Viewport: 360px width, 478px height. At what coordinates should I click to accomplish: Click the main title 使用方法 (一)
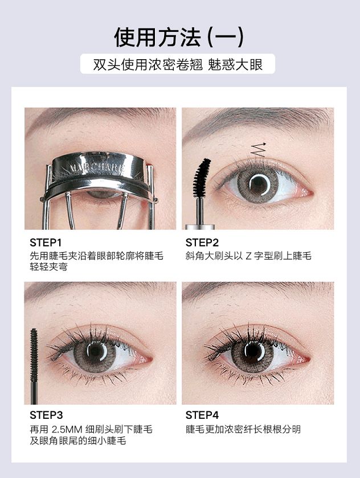tap(179, 37)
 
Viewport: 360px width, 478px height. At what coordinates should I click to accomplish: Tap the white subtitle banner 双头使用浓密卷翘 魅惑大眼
tap(178, 64)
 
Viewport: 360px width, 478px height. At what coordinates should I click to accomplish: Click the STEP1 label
tap(46, 242)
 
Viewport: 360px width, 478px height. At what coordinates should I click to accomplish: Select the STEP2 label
tap(202, 242)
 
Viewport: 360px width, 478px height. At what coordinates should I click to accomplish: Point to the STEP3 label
tap(46, 415)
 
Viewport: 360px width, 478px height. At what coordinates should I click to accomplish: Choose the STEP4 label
tap(202, 415)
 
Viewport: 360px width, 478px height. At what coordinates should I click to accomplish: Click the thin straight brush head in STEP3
tap(34, 355)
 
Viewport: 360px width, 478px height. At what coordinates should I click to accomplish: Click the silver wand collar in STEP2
tap(200, 227)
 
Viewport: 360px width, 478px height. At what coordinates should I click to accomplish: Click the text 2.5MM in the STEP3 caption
tap(67, 429)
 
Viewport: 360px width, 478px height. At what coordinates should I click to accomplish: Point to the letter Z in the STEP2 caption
tap(249, 256)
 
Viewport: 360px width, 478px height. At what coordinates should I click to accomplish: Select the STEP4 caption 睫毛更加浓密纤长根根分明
tap(243, 429)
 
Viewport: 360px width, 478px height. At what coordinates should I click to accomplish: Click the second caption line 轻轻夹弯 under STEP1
tap(48, 267)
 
